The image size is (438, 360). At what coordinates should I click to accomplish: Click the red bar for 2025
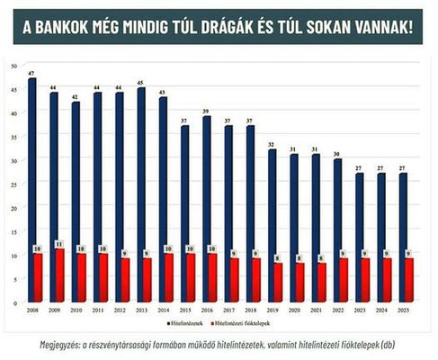410,280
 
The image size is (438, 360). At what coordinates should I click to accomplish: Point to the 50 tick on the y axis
12,66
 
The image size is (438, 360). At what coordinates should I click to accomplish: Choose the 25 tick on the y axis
12,184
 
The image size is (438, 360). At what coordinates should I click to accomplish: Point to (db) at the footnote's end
388,343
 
